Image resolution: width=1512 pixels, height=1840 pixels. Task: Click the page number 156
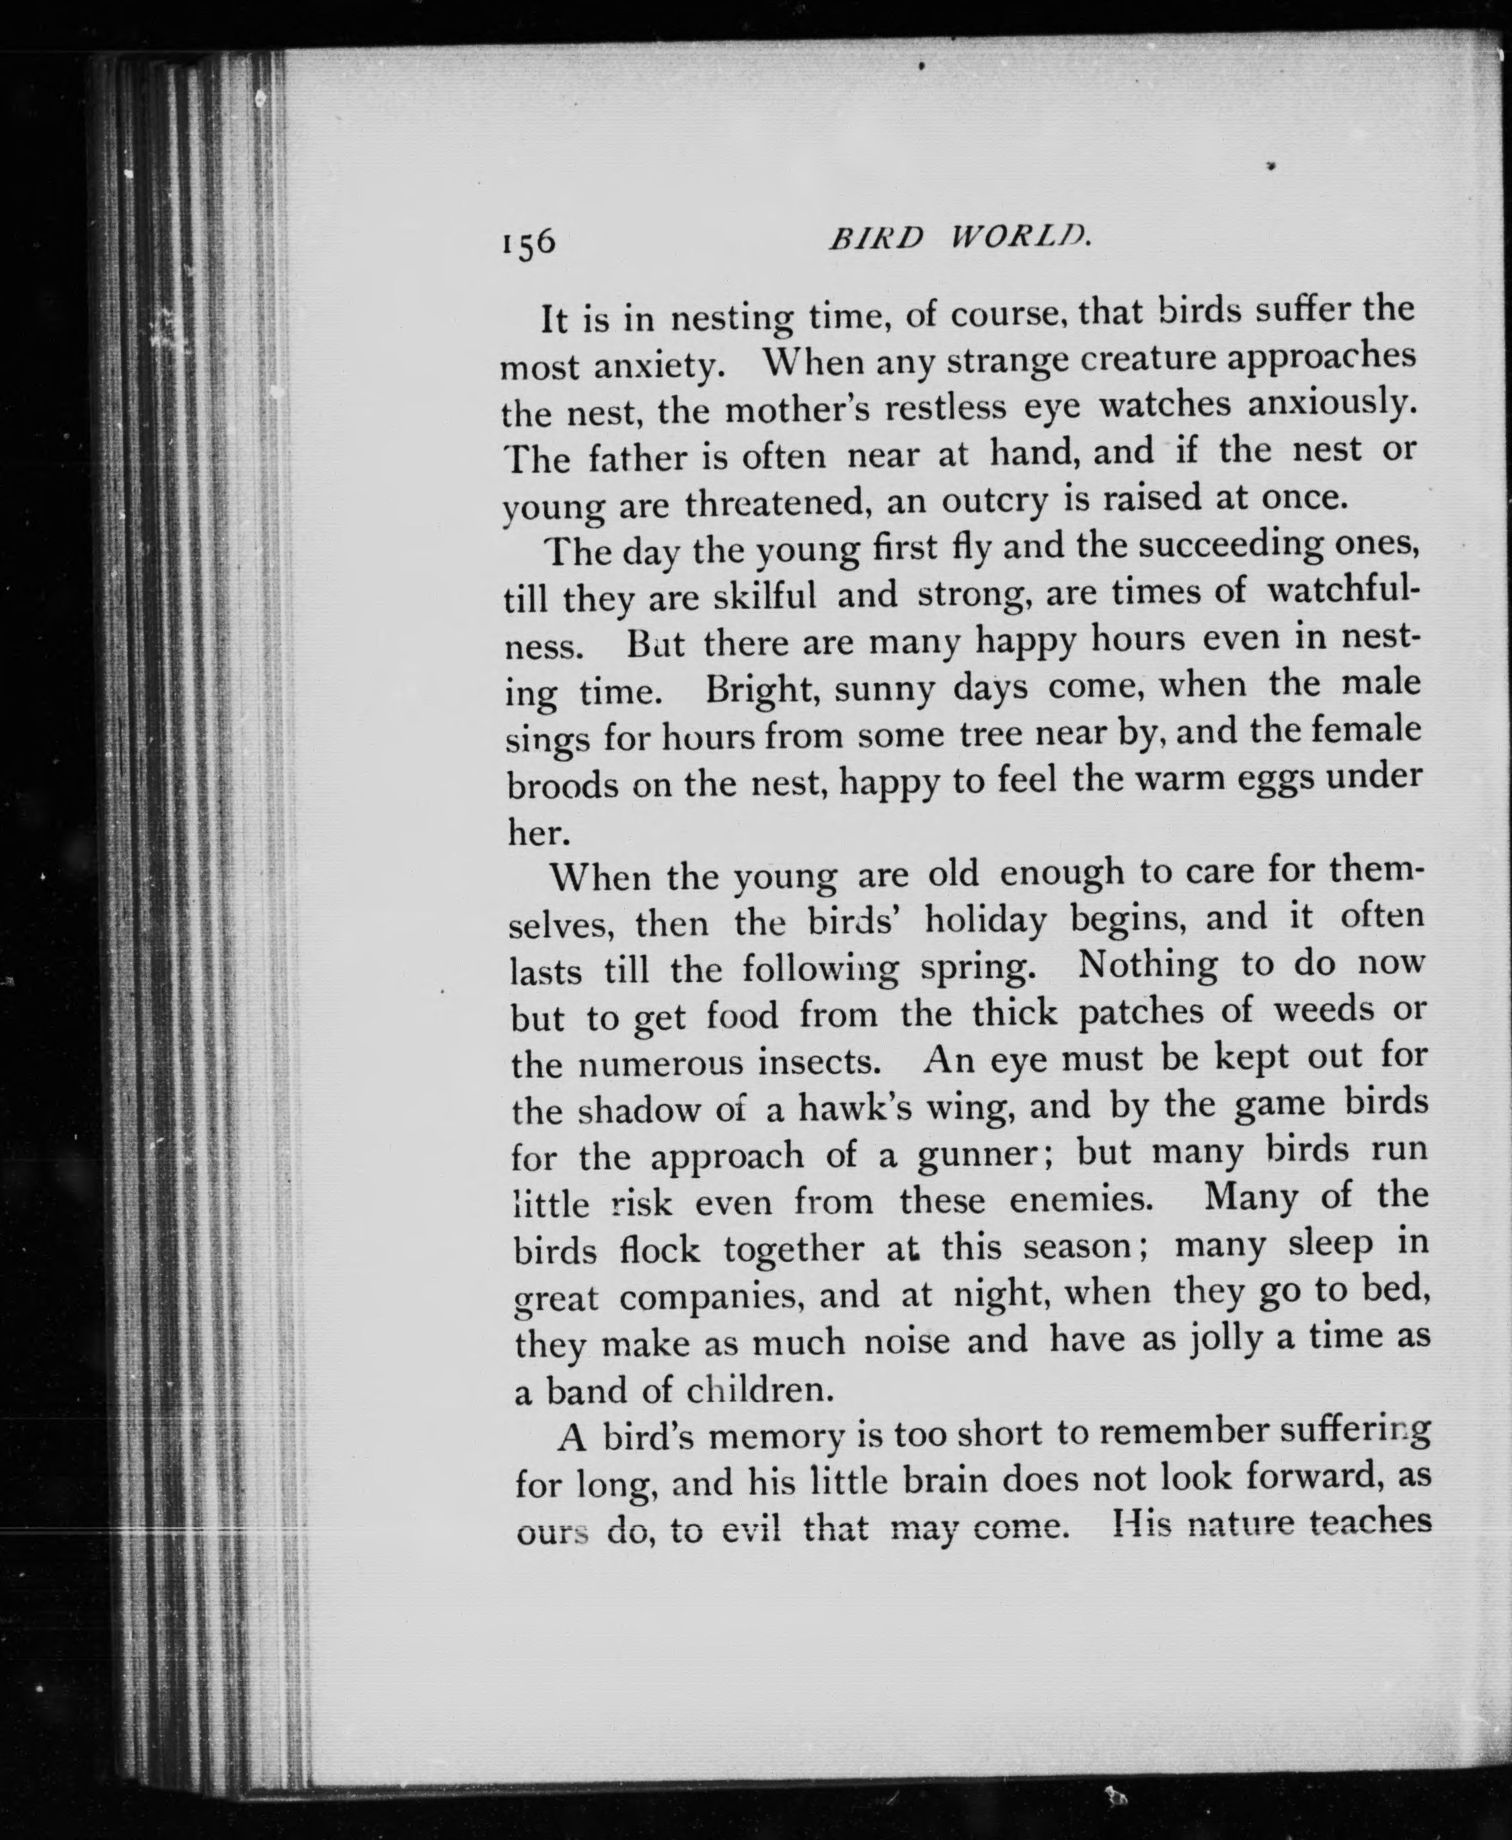(528, 242)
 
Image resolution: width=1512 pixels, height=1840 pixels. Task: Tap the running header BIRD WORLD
(959, 237)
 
